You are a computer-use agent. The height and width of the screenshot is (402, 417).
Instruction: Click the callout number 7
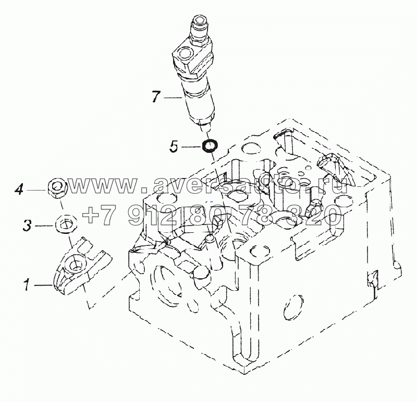click(156, 97)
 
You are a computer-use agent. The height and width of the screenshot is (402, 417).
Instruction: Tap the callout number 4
click(19, 190)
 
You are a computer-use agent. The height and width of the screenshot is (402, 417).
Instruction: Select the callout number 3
click(27, 226)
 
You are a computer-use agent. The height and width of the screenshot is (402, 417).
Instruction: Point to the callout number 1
click(27, 285)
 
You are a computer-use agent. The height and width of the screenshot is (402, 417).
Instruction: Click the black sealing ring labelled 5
click(210, 146)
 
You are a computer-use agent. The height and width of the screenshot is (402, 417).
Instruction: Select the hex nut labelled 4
click(57, 188)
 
